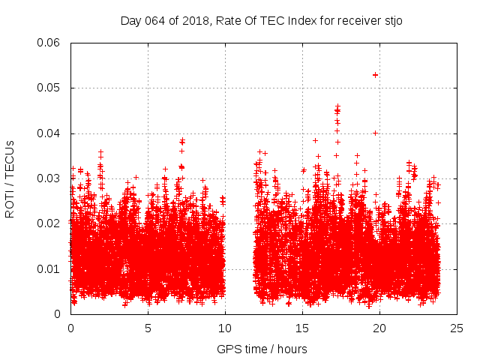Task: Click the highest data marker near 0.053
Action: [x=375, y=75]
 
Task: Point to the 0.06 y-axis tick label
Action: [x=49, y=43]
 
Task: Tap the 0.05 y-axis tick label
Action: [x=49, y=88]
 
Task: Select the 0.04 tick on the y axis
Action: [x=49, y=133]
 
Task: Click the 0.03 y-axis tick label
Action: [x=49, y=178]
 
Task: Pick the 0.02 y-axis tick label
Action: [x=49, y=223]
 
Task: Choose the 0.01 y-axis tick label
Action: [x=49, y=268]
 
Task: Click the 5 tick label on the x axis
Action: [x=148, y=328]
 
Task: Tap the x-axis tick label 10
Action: [x=225, y=328]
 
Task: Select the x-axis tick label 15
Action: [x=302, y=328]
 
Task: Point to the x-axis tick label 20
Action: [x=379, y=328]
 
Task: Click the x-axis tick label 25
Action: [x=457, y=328]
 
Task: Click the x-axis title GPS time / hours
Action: [x=262, y=349]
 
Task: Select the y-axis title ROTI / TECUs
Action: [x=10, y=178]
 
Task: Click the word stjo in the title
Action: [x=392, y=20]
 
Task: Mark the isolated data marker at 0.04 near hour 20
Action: [x=375, y=133]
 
